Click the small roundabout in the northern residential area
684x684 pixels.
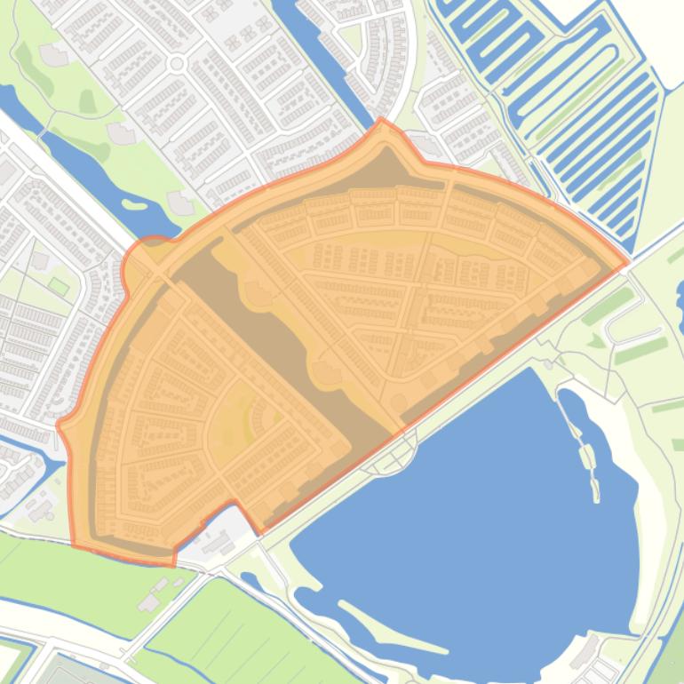(176, 63)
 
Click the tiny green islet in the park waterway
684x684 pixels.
(135, 204)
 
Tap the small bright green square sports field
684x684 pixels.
(59, 286)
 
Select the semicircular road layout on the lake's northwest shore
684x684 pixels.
(396, 457)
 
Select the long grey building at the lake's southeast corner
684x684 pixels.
(586, 653)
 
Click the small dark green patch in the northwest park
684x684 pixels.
(87, 102)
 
